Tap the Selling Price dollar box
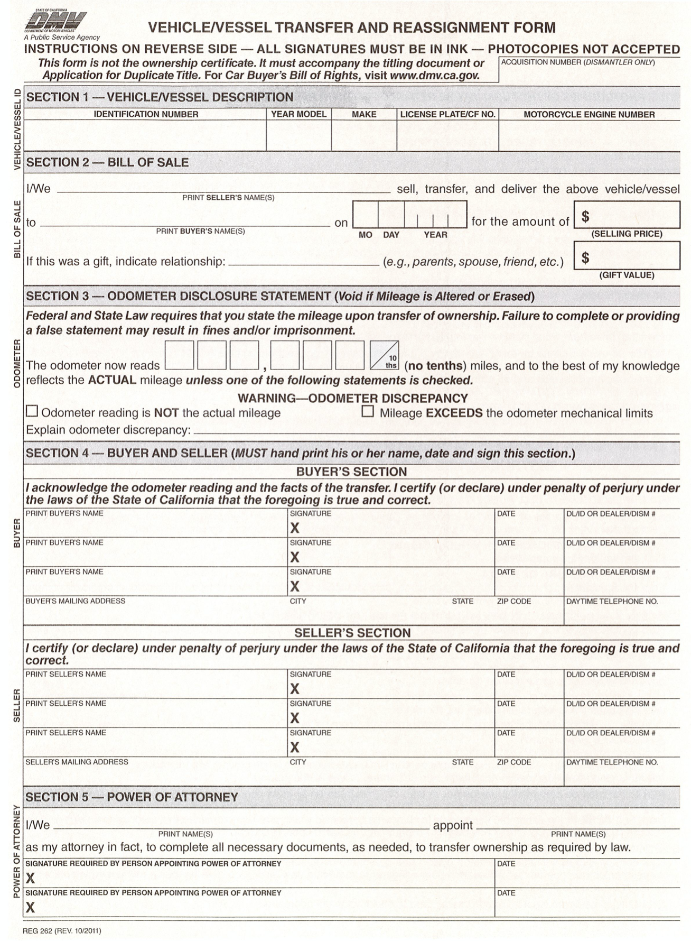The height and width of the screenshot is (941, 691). click(x=627, y=215)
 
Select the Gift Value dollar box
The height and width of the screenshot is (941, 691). click(x=627, y=256)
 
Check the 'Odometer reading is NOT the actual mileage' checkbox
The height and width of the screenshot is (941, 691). click(x=32, y=411)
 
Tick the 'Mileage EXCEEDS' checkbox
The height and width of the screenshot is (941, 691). click(x=368, y=411)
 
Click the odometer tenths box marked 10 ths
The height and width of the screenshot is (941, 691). click(x=384, y=355)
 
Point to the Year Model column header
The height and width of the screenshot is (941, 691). click(x=298, y=114)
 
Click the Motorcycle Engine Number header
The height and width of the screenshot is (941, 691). click(x=589, y=115)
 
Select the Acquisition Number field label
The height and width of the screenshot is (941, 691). click(x=577, y=62)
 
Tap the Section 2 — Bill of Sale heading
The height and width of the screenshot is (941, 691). click(x=107, y=162)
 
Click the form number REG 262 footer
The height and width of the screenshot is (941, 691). click(x=62, y=930)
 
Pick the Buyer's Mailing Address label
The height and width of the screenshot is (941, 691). click(x=76, y=601)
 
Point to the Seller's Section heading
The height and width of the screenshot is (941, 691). click(x=352, y=633)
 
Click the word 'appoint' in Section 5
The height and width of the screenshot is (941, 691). click(x=453, y=825)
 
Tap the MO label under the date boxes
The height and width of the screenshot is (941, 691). click(x=365, y=235)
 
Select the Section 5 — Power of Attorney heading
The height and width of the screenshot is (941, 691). click(x=132, y=797)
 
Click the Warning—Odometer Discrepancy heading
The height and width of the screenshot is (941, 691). click(x=352, y=398)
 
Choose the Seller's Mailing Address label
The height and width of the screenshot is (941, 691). click(x=77, y=762)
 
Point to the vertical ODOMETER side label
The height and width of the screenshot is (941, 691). click(x=17, y=363)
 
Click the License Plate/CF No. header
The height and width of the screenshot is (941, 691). click(x=447, y=114)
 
